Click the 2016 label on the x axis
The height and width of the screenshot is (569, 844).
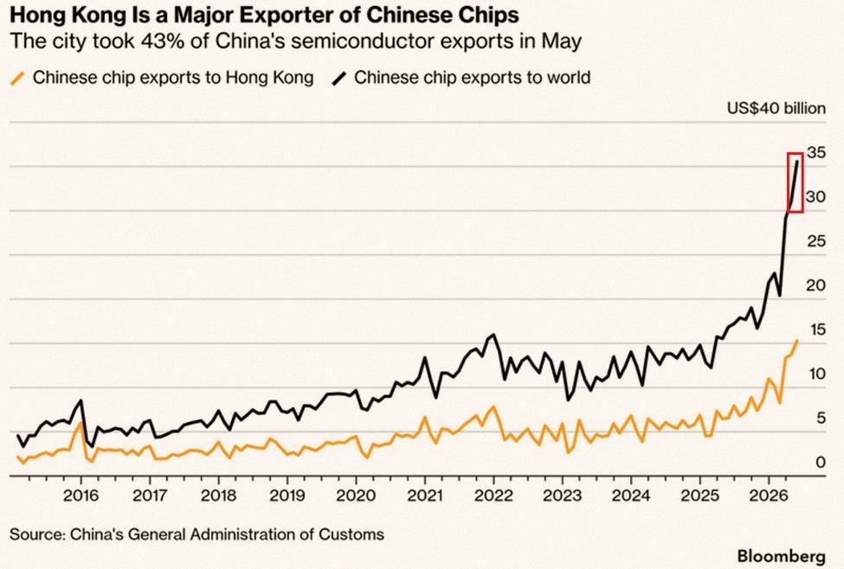(81, 495)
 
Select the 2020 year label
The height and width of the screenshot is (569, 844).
(355, 495)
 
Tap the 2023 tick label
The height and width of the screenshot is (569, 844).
(562, 495)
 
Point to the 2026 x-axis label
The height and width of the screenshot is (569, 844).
(769, 495)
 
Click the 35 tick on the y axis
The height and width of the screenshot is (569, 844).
(816, 153)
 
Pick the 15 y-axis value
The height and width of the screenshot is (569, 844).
(816, 329)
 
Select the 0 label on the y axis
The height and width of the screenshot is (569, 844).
(821, 463)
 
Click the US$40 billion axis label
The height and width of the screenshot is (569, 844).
(776, 108)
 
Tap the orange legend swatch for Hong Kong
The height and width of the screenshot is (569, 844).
(18, 79)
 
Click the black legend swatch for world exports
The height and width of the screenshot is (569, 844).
(339, 79)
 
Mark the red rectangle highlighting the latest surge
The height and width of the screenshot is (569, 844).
(788, 182)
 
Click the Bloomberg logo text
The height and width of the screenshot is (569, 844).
(782, 555)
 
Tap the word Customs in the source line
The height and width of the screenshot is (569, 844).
(351, 534)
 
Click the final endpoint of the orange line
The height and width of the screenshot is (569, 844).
(797, 341)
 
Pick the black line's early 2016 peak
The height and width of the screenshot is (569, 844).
(81, 400)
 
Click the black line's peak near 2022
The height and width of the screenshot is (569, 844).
(493, 335)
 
